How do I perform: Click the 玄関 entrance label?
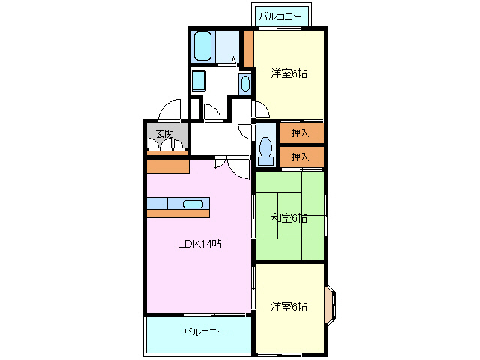click(x=164, y=134)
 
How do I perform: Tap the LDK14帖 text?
click(x=199, y=243)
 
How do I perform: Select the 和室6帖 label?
click(x=289, y=217)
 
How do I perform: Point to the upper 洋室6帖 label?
click(x=289, y=73)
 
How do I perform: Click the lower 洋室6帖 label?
click(x=289, y=306)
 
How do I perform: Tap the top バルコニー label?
click(x=282, y=16)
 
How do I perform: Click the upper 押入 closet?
click(x=301, y=133)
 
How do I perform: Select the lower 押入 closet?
click(x=301, y=157)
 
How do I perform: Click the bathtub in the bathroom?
click(x=202, y=46)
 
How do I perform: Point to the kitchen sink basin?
click(x=193, y=203)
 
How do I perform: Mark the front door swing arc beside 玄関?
click(x=169, y=110)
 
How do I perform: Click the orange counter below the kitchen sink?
click(x=179, y=214)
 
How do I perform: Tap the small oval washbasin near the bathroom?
click(x=245, y=82)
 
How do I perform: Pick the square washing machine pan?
click(x=199, y=79)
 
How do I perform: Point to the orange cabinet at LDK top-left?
click(x=167, y=166)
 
